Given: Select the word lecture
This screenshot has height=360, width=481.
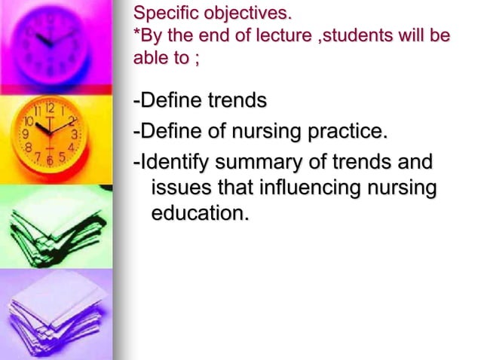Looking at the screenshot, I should pos(280,35).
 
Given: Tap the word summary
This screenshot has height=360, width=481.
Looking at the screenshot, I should pos(256,163).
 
